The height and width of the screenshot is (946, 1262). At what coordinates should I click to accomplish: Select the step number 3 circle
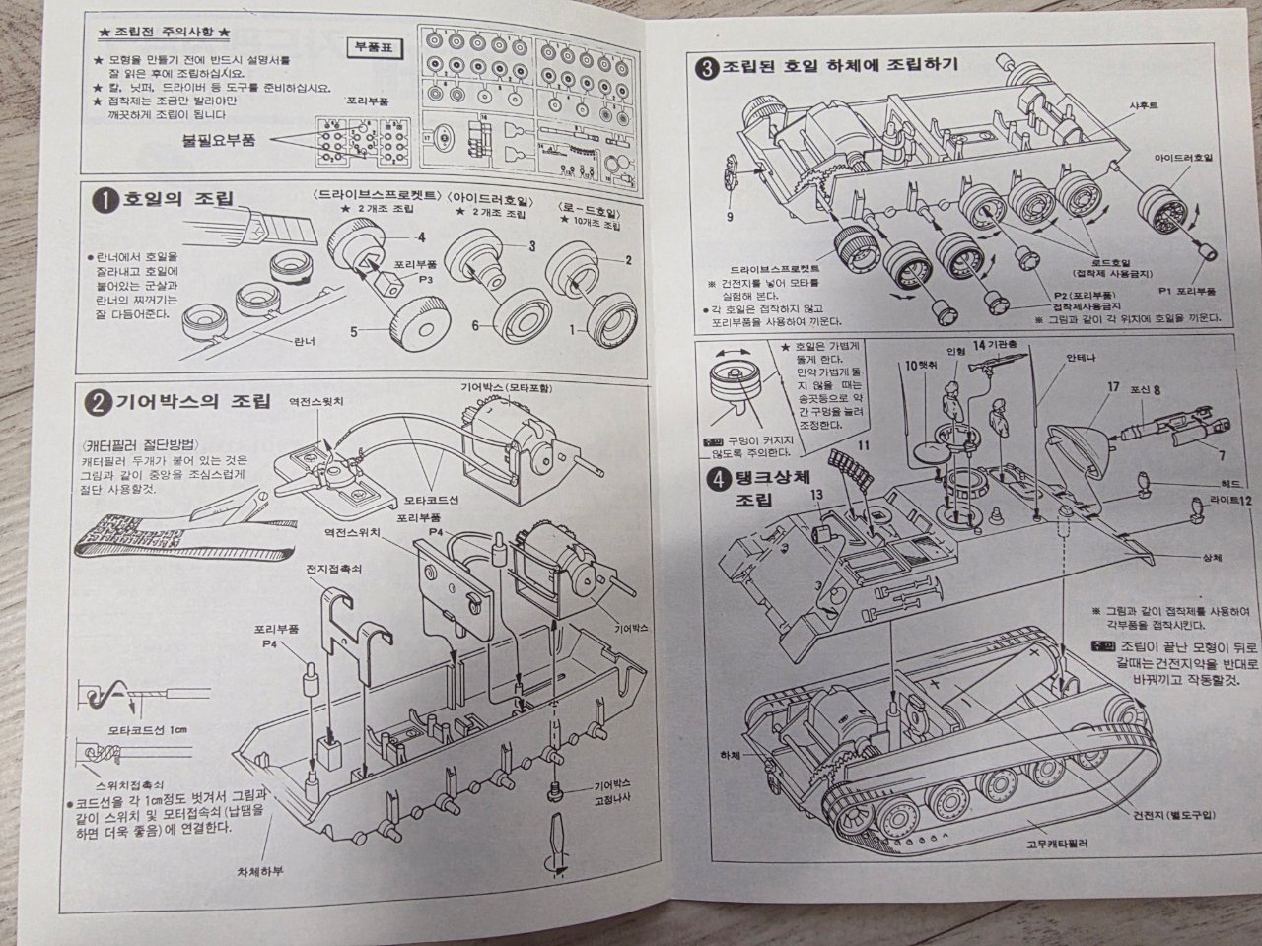[x=706, y=69]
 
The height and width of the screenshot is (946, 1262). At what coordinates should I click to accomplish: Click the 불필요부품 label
[x=218, y=140]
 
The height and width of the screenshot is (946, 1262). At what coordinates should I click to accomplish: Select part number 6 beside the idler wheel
[x=474, y=324]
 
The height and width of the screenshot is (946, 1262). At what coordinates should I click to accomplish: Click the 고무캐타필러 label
[x=1029, y=844]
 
